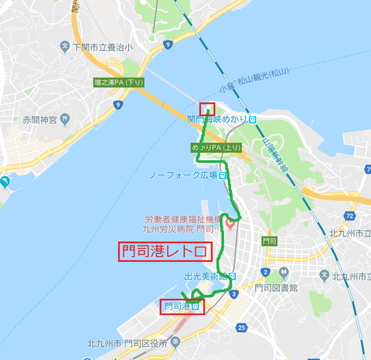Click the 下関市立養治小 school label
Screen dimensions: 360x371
tap(99, 48)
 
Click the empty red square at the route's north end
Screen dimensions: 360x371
tap(207, 109)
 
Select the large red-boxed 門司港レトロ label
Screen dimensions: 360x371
tap(165, 252)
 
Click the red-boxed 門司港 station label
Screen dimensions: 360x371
tap(183, 306)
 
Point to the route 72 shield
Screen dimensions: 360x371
tap(349, 216)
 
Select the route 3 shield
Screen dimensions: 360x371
tap(233, 294)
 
